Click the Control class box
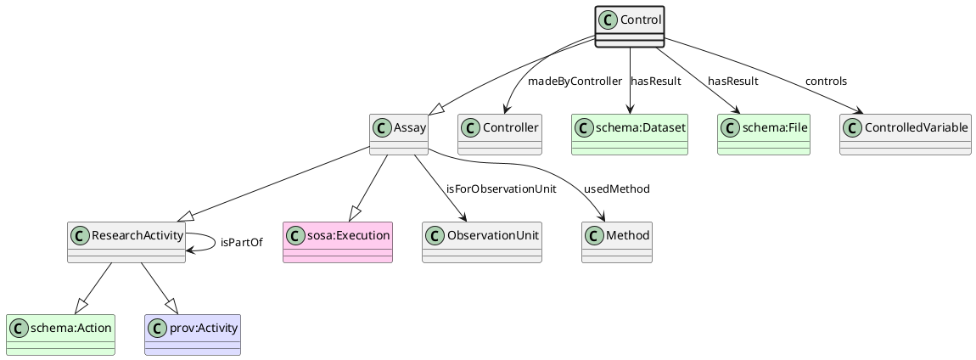tap(629, 26)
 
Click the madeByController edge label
tap(575, 82)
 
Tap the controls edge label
tap(825, 82)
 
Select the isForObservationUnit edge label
tap(501, 189)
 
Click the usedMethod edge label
tap(616, 189)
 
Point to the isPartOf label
tap(241, 243)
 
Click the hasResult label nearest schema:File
tap(732, 82)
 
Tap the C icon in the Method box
tap(595, 235)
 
